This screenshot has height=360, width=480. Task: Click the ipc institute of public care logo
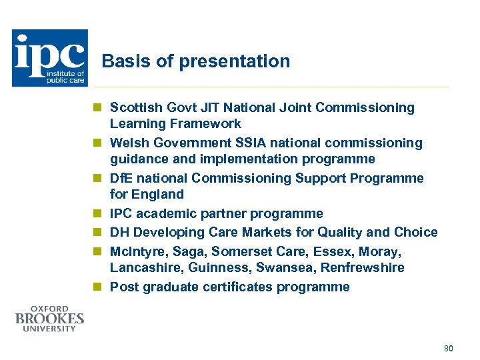pyautogui.click(x=50, y=58)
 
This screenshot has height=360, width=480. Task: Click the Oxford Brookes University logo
pyautogui.click(x=49, y=319)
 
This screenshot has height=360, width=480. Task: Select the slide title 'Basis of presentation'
pyautogui.click(x=196, y=61)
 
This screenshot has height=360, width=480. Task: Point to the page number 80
pyautogui.click(x=447, y=348)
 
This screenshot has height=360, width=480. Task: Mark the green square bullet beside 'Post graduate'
pyautogui.click(x=97, y=287)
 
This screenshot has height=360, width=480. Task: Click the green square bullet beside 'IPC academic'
pyautogui.click(x=97, y=214)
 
